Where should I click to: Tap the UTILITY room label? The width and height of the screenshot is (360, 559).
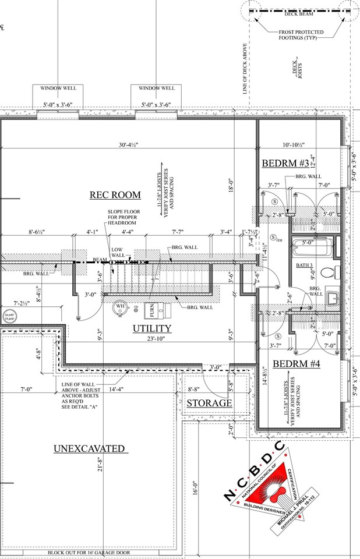[152, 328]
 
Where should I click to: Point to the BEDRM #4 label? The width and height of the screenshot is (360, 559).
[297, 365]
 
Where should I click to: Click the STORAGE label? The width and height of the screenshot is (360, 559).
[209, 403]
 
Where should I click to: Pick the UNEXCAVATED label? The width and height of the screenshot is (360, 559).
[89, 448]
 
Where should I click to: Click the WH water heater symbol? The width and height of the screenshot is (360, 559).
[121, 307]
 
